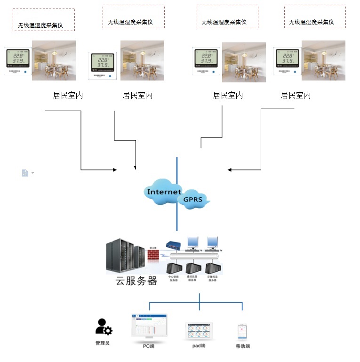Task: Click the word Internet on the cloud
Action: [164, 192]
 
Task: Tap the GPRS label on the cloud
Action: [192, 200]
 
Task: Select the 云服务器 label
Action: [136, 281]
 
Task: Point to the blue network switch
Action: [174, 246]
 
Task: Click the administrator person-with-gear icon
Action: [103, 326]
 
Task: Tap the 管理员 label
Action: [102, 343]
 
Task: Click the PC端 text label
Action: [149, 346]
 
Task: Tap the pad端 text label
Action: [199, 346]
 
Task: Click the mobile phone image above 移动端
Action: [242, 332]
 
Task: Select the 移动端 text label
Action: [243, 346]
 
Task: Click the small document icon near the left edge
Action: [25, 173]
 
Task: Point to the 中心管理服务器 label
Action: [174, 279]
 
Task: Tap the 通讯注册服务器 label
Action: [192, 279]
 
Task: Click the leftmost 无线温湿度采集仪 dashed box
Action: [43, 19]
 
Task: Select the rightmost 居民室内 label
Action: [296, 95]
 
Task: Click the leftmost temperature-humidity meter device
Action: [17, 60]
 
